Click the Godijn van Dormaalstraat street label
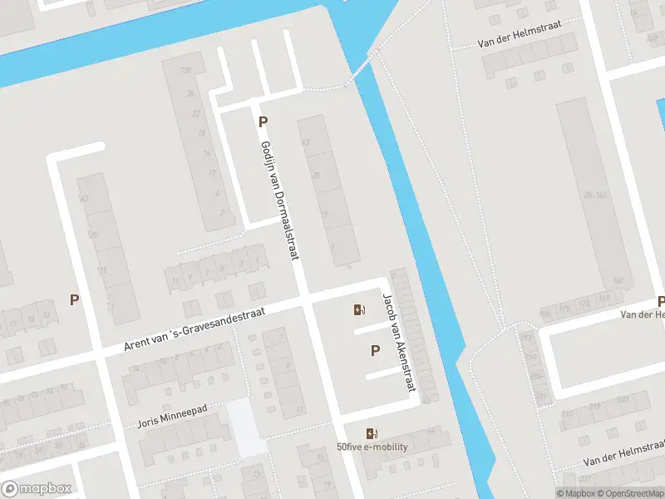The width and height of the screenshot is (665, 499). coord(279,200)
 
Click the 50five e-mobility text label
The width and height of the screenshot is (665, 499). coord(372,447)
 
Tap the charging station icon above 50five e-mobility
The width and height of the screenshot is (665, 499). coord(371,433)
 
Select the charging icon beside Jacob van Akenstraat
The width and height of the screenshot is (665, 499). coord(358,310)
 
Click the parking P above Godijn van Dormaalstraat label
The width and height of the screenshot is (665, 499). coord(263,122)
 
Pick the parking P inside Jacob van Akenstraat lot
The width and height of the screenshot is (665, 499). coord(375,351)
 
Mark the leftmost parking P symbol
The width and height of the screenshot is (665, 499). coord(75,300)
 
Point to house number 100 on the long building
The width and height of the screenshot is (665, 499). coord(185,69)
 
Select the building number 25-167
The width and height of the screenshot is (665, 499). coord(594,195)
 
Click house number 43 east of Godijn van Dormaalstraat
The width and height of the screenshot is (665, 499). coord(305,143)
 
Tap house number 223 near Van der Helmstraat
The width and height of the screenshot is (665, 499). coord(619,400)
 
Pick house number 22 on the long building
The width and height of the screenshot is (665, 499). coord(196,113)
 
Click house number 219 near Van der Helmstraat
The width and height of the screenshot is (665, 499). coord(595,407)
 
